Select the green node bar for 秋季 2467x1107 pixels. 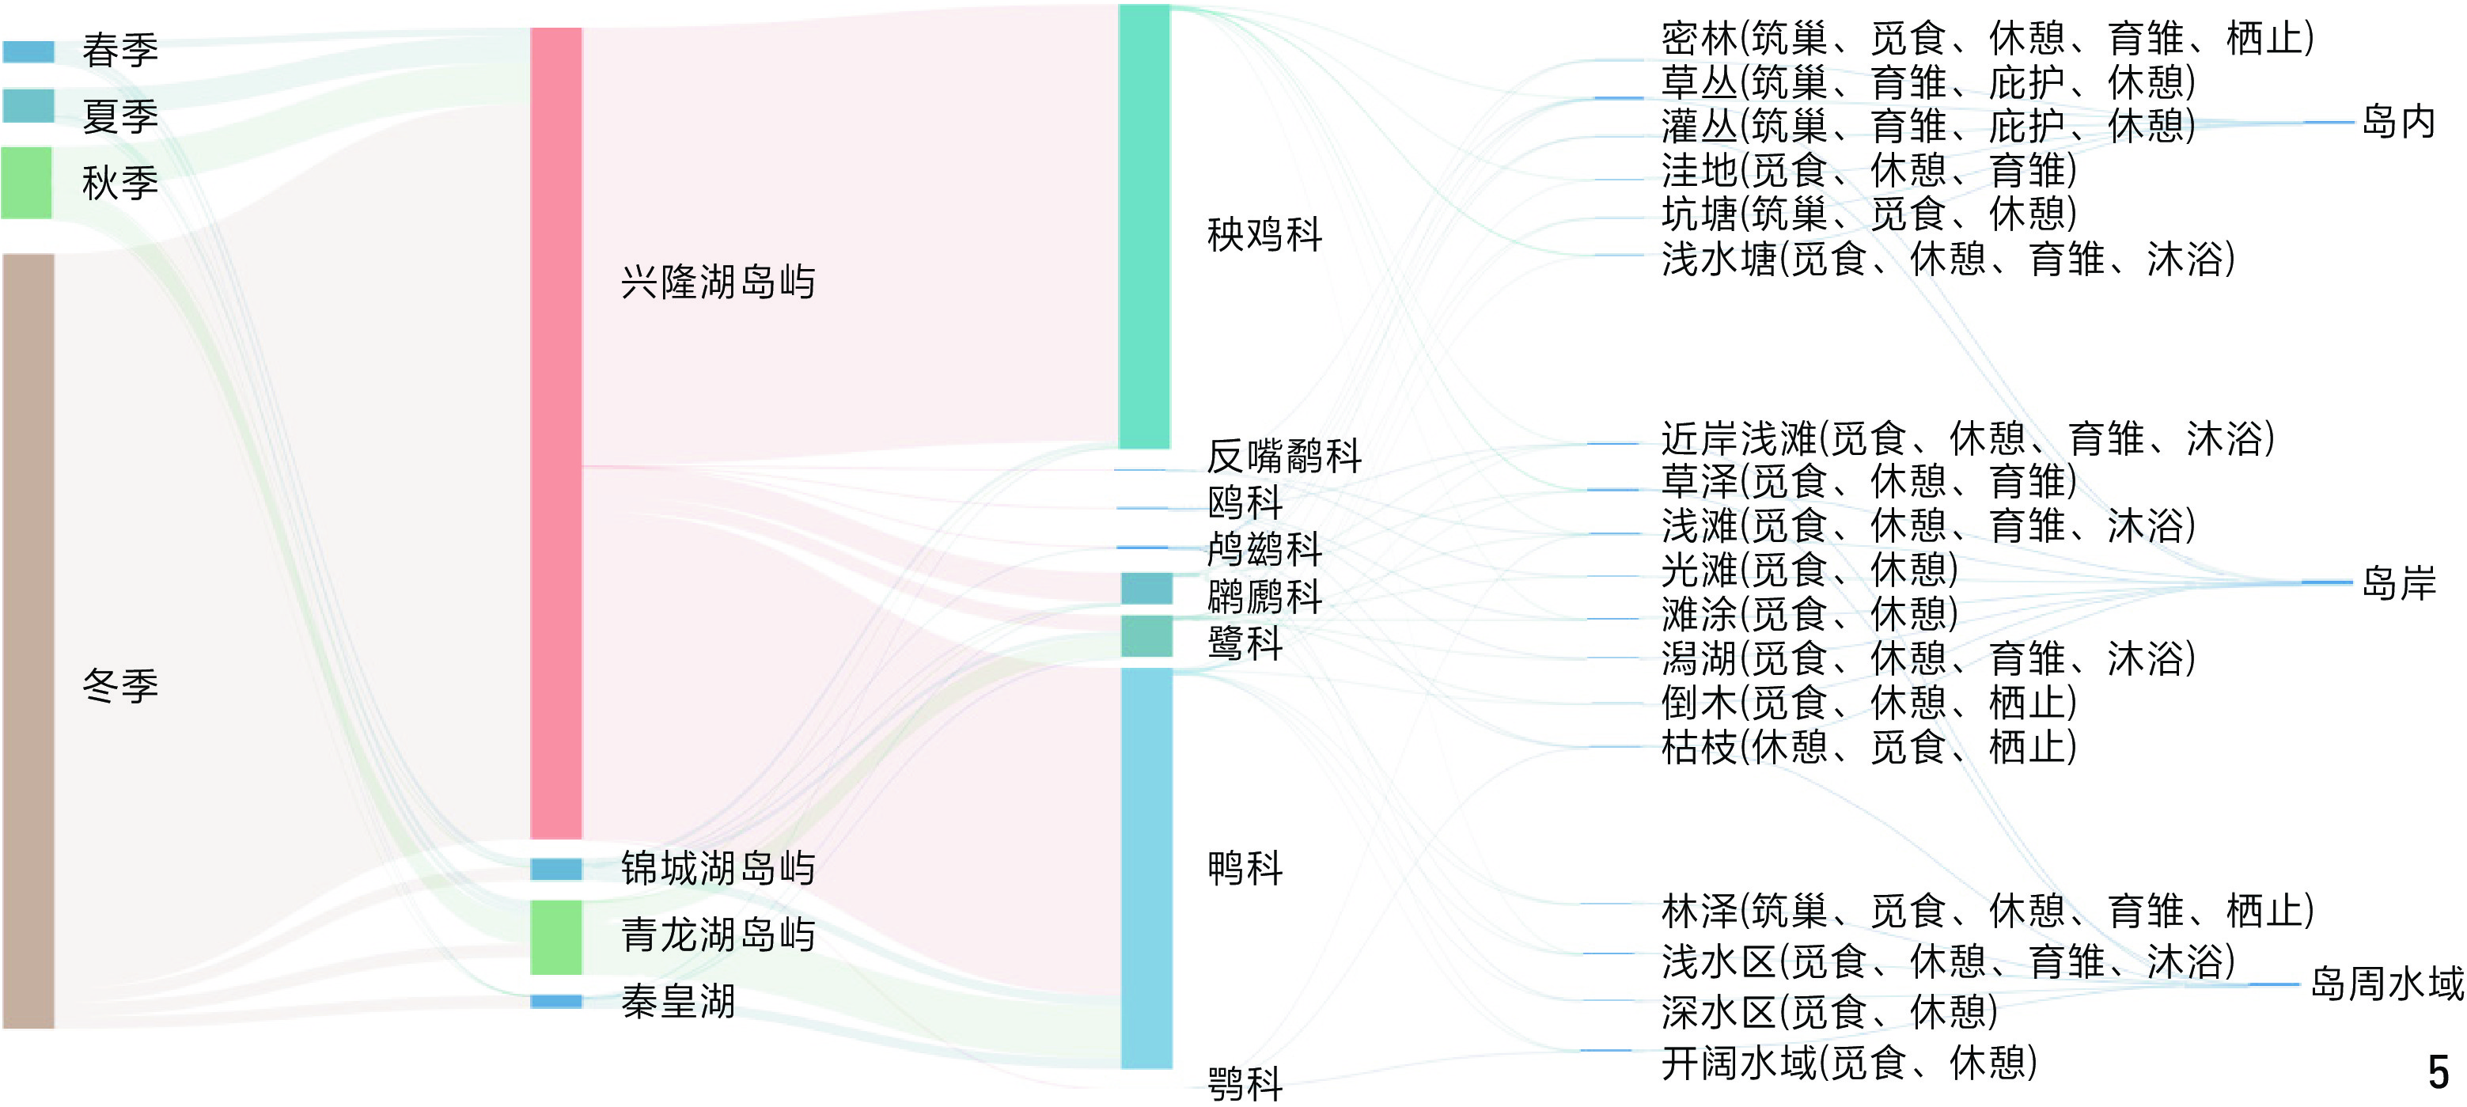26,182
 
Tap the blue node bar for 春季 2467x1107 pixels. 28,51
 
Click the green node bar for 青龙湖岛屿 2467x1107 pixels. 555,937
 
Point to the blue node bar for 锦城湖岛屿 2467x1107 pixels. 555,869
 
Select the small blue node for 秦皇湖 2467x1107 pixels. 555,1002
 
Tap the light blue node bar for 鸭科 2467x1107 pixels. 1146,867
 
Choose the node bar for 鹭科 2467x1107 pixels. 1146,636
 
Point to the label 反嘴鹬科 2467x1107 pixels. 1283,456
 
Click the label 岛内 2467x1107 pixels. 2398,122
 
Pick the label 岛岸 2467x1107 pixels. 2398,582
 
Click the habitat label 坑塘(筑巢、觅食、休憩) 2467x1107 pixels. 1868,214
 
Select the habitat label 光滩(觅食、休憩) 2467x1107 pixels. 1809,570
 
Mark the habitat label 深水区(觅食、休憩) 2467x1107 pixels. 1829,1011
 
